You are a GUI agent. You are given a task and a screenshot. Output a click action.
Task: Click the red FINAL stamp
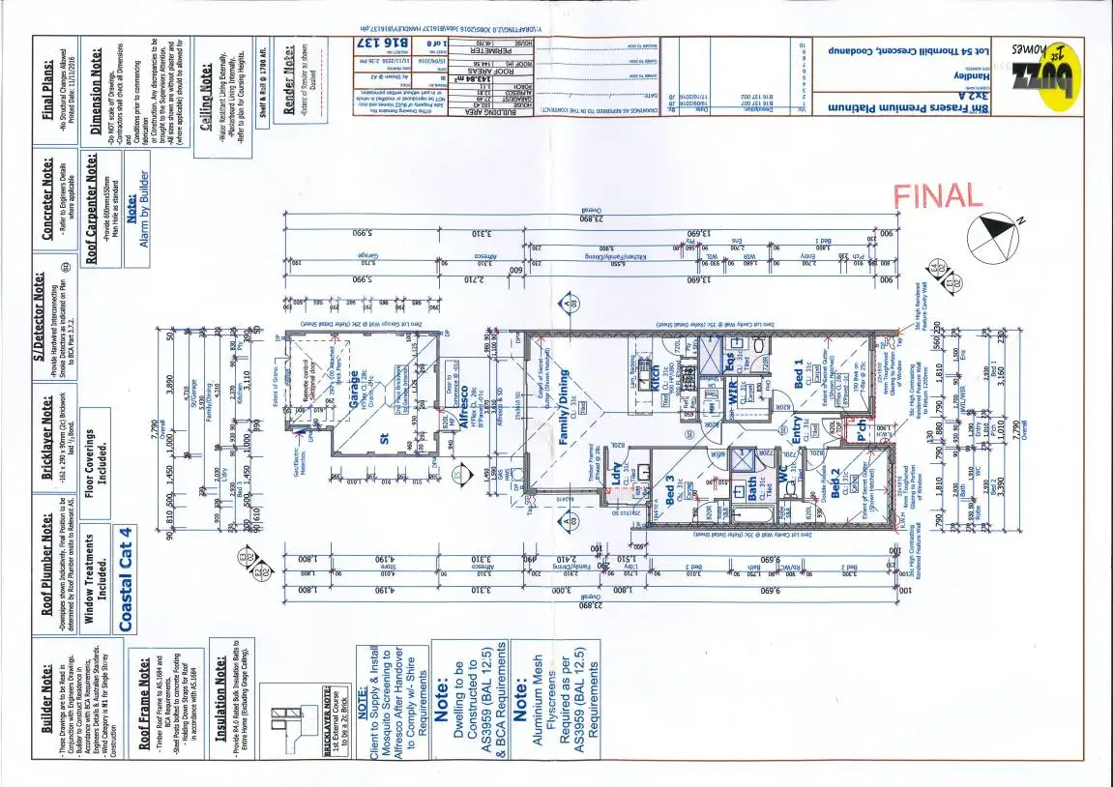(937, 196)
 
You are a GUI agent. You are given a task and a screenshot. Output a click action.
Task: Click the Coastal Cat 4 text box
(125, 578)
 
